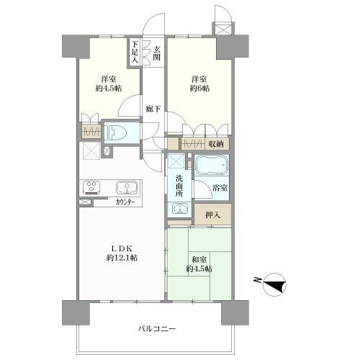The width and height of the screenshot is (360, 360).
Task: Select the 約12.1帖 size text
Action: pos(123,258)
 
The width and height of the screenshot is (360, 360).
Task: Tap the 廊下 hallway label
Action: pos(153,109)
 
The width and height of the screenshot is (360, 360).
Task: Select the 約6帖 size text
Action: pos(200,89)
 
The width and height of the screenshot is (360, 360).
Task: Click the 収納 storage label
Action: pos(216,144)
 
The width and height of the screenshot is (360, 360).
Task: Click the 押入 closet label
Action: pos(212,214)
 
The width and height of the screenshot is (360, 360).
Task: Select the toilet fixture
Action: pos(117,133)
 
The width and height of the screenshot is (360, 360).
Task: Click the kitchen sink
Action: pos(127,188)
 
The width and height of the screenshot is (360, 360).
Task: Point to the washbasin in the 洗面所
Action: pos(180,210)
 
